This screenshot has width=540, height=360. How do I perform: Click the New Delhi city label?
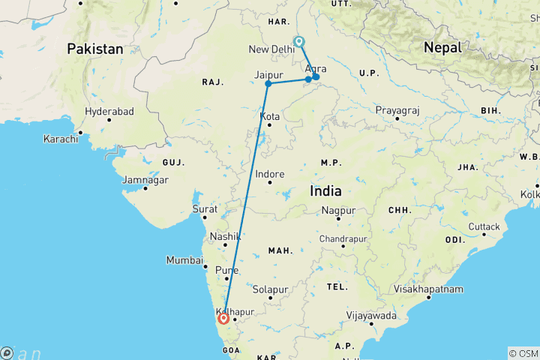(271, 49)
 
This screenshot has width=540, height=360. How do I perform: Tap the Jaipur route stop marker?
(268, 83)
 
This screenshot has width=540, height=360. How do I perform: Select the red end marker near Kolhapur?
(223, 318)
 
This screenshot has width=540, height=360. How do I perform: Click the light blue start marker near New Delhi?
(298, 42)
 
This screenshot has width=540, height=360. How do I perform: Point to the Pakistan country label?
(95, 49)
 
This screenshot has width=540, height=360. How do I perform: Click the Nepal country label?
(442, 47)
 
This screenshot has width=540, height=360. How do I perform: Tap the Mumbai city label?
(184, 261)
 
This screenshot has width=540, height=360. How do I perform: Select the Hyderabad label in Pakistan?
(109, 111)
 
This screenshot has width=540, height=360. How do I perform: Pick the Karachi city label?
(61, 139)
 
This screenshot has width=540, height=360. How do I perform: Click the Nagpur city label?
(338, 211)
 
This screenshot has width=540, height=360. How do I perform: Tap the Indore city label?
(270, 174)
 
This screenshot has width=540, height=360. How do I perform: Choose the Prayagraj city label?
(397, 110)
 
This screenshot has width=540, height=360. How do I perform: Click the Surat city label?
(205, 209)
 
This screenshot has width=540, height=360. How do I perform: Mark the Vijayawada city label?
(370, 316)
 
